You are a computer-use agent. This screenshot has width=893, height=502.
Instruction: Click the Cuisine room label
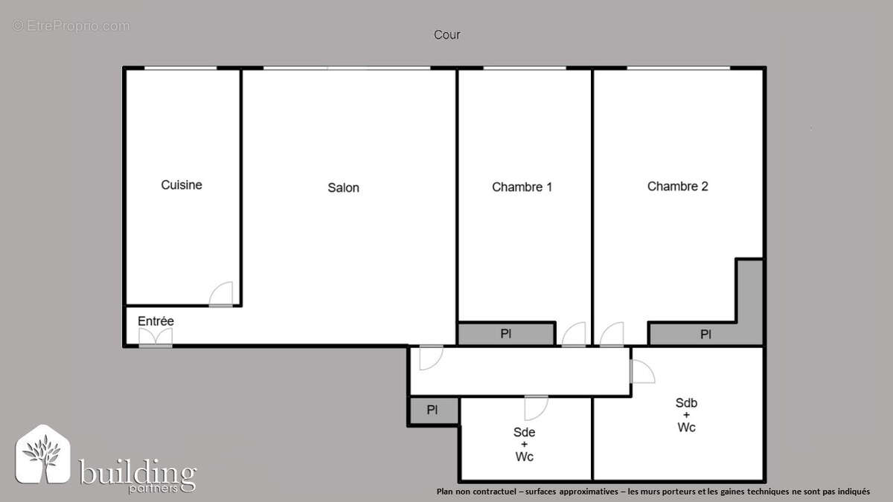[x=182, y=185]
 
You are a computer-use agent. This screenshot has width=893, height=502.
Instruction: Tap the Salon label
[x=343, y=188]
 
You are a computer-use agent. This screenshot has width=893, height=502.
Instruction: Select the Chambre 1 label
[x=522, y=187]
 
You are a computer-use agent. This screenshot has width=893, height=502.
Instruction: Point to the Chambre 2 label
[x=677, y=187]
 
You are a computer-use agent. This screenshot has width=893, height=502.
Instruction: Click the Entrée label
[x=156, y=321]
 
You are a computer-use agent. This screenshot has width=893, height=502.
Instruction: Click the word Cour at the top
[x=446, y=35]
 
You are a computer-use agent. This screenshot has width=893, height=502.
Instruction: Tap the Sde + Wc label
[x=524, y=444]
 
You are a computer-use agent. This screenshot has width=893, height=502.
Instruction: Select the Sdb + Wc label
[x=685, y=415]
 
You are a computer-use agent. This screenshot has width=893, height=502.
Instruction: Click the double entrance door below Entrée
[x=156, y=338]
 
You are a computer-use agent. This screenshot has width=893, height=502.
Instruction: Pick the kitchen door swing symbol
[x=221, y=294]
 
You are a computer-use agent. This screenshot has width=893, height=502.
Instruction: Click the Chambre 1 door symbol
[x=574, y=335]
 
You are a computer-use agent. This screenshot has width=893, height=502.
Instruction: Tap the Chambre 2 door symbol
[x=612, y=335]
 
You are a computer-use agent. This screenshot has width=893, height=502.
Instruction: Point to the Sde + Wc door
[x=536, y=408]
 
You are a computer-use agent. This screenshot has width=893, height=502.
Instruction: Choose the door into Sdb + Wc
[x=641, y=371]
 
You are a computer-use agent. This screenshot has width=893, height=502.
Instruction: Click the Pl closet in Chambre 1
[x=506, y=334]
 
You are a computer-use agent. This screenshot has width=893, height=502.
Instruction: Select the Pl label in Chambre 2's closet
[x=705, y=335]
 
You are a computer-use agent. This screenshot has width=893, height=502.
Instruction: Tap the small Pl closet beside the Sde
[x=432, y=411]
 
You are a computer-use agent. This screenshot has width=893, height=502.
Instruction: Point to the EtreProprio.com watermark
[x=71, y=26]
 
